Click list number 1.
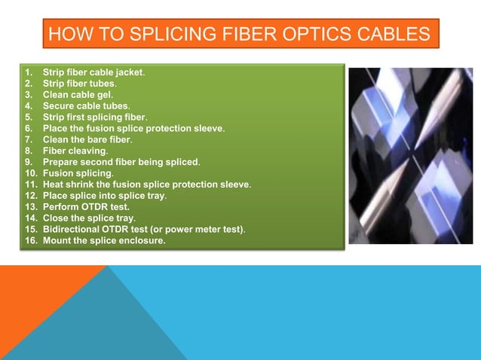pos(29,73)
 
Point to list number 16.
pos(31,241)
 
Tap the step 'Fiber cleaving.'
pos(75,151)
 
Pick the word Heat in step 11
pos(54,185)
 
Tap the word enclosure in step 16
pos(142,241)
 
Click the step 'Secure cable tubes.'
pos(85,106)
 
